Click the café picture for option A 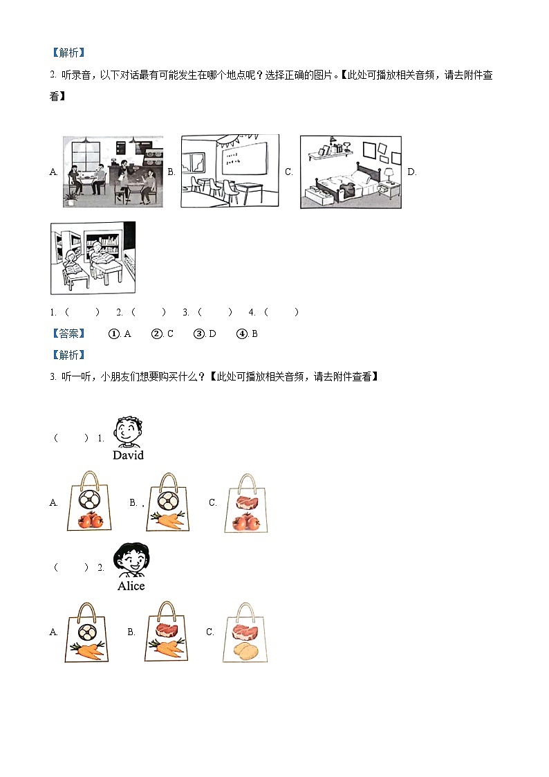[x=113, y=171]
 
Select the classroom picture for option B [x=230, y=171]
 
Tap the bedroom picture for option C [x=350, y=172]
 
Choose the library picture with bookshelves [x=93, y=258]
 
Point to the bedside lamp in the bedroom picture [x=389, y=173]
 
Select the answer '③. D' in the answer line [x=205, y=333]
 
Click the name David [x=128, y=455]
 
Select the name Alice [x=131, y=586]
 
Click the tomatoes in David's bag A [x=89, y=520]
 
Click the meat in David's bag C [x=246, y=502]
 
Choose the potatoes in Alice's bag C [x=245, y=650]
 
